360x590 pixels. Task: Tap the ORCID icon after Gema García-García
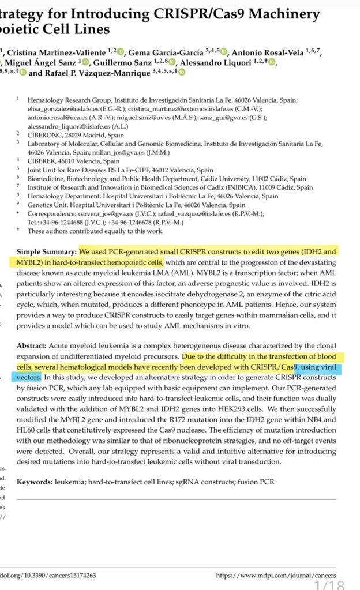pyautogui.click(x=224, y=53)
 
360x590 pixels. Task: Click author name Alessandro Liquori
pyautogui.click(x=217, y=62)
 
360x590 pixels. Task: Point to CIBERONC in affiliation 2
pyautogui.click(x=44, y=134)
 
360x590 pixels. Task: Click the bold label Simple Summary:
pyautogui.click(x=47, y=252)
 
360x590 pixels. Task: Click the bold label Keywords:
pyautogui.click(x=35, y=482)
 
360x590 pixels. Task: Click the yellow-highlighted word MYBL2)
pyautogui.click(x=31, y=263)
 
